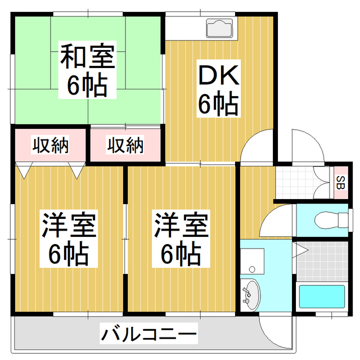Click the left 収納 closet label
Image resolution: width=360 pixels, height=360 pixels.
click(49, 146)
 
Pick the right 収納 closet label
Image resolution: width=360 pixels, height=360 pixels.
click(125, 146)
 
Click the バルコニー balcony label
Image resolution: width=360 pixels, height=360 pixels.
click(149, 335)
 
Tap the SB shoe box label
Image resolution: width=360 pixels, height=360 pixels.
click(340, 182)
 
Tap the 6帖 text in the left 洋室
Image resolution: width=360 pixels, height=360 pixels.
click(69, 254)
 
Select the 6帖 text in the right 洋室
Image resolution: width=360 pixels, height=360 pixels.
click(182, 254)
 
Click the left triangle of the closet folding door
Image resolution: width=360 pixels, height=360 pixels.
click(24, 169)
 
